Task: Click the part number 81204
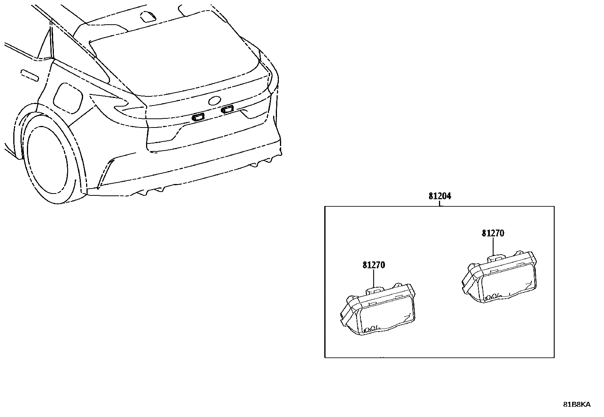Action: point(440,197)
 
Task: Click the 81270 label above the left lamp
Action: point(374,265)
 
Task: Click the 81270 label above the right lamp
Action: point(493,233)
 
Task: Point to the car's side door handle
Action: point(29,75)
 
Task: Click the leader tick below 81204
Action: point(440,204)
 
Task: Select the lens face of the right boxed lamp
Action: point(506,283)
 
